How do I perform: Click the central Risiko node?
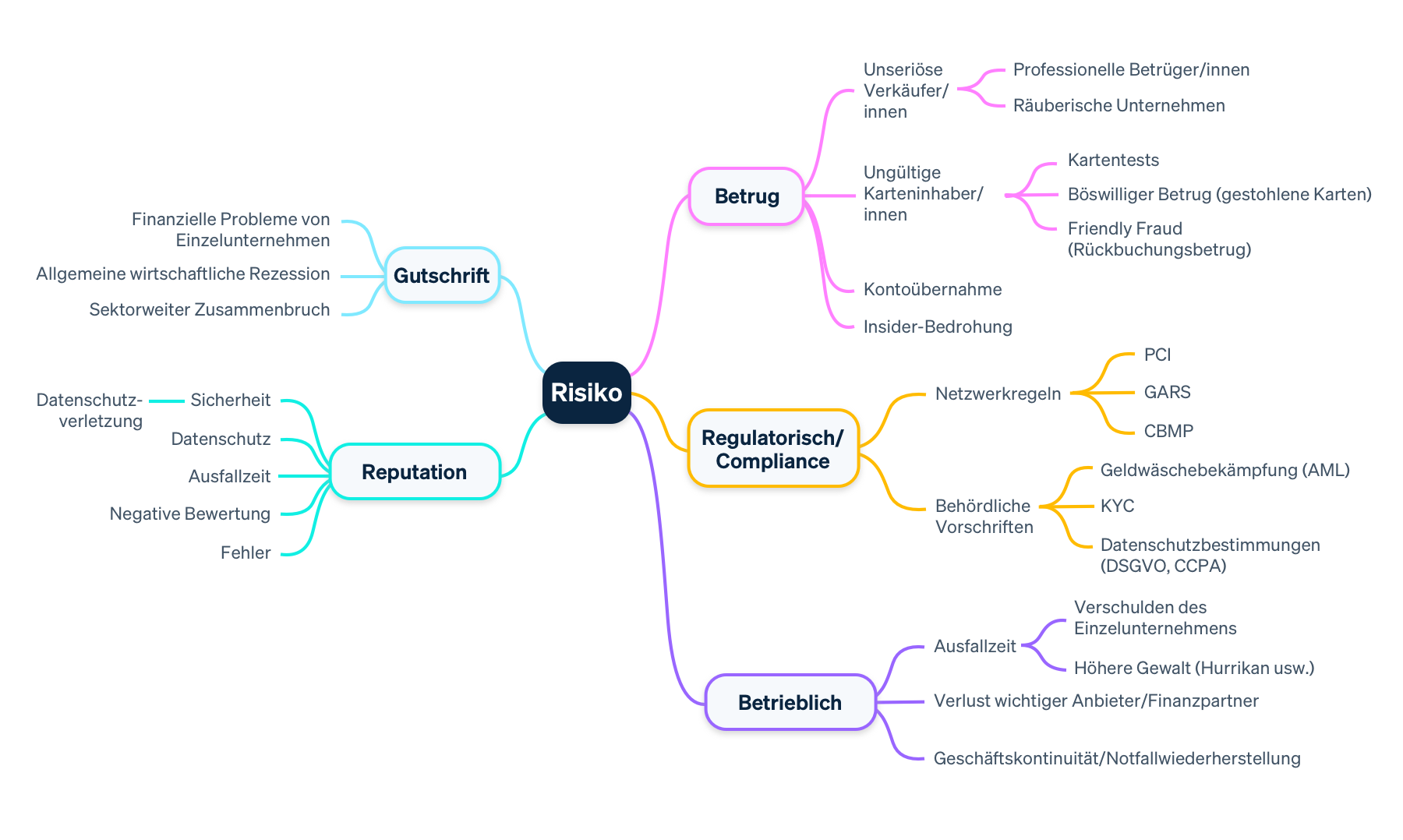pyautogui.click(x=586, y=392)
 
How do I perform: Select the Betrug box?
pyautogui.click(x=746, y=196)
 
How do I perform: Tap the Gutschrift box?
pyautogui.click(x=441, y=275)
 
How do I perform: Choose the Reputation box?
pyautogui.click(x=414, y=471)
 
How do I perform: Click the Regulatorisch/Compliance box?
pyautogui.click(x=772, y=449)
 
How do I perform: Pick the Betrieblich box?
pyautogui.click(x=790, y=702)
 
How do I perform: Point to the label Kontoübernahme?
pyautogui.click(x=932, y=289)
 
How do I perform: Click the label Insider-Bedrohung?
pyautogui.click(x=937, y=326)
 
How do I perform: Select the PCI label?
pyautogui.click(x=1157, y=355)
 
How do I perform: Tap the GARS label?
pyautogui.click(x=1167, y=392)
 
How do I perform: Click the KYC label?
pyautogui.click(x=1117, y=506)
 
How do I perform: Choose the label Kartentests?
pyautogui.click(x=1112, y=160)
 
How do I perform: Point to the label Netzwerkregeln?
pyautogui.click(x=998, y=394)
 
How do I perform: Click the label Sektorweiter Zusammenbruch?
pyautogui.click(x=209, y=309)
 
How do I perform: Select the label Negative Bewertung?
pyautogui.click(x=189, y=514)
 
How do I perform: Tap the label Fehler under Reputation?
pyautogui.click(x=245, y=552)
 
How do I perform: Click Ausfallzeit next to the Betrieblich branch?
pyautogui.click(x=974, y=646)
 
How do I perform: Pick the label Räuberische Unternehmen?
pyautogui.click(x=1119, y=105)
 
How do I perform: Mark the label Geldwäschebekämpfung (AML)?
pyautogui.click(x=1225, y=470)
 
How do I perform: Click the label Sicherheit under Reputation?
pyautogui.click(x=230, y=400)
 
